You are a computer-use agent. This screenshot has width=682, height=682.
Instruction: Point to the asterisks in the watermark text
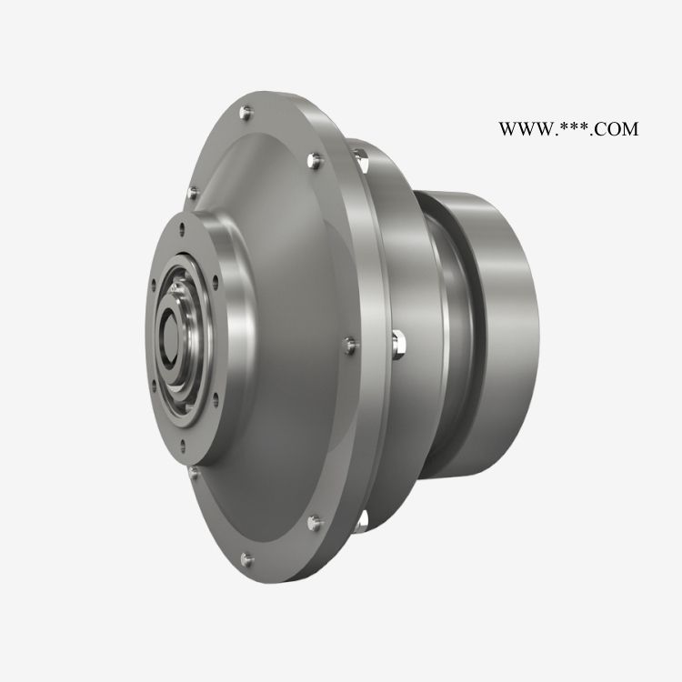tap(573, 127)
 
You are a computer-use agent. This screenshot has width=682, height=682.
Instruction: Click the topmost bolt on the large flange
tap(246, 113)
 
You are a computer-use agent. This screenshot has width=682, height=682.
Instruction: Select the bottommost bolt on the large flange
tap(246, 559)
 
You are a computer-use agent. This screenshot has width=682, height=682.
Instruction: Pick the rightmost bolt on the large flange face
tap(350, 346)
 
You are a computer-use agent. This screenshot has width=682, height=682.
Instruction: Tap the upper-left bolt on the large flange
tap(193, 193)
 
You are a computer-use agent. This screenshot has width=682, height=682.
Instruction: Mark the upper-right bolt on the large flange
tap(315, 160)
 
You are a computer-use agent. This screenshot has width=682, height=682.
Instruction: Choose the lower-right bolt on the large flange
tap(315, 523)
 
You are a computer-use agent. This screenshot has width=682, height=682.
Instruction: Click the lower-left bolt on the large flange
tap(193, 473)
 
